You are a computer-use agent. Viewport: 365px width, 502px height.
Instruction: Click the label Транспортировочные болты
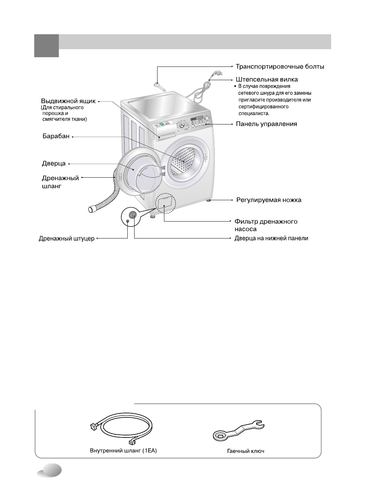[280, 66]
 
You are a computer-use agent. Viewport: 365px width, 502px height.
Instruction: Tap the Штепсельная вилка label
[267, 80]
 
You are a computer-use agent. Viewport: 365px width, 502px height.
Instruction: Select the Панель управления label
[266, 124]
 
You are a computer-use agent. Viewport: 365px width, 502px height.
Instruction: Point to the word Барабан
[56, 137]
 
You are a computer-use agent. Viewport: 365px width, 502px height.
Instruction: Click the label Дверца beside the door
[54, 164]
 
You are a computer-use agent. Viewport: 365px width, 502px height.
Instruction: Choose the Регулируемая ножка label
[268, 200]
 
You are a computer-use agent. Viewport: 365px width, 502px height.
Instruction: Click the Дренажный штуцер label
[66, 239]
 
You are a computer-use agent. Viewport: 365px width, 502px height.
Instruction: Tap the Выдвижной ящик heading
[68, 101]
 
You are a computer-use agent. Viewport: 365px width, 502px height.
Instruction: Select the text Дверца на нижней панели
[271, 238]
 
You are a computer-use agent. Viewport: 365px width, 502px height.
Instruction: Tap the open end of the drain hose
[92, 209]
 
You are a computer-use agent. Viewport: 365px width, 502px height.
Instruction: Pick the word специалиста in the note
[254, 114]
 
